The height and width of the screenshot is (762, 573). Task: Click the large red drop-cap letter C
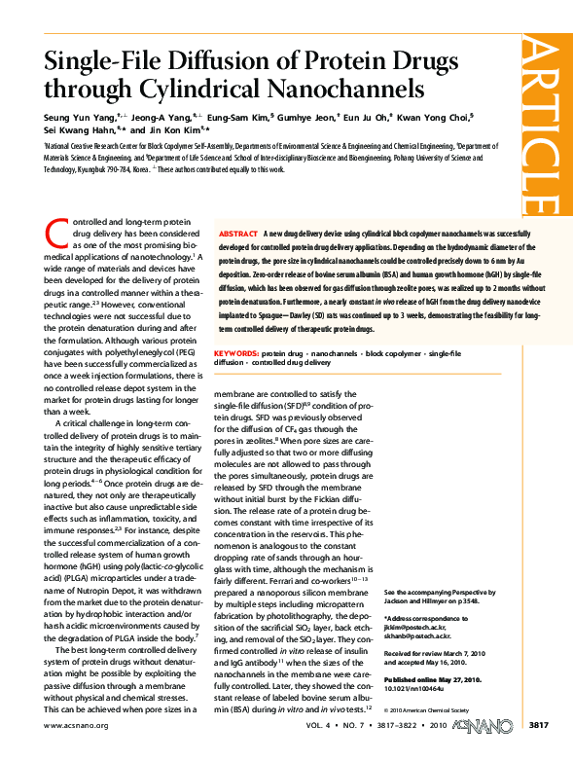tap(54, 232)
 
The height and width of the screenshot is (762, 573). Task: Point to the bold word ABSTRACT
tap(238, 236)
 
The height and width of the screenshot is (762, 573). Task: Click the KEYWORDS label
tap(235, 350)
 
